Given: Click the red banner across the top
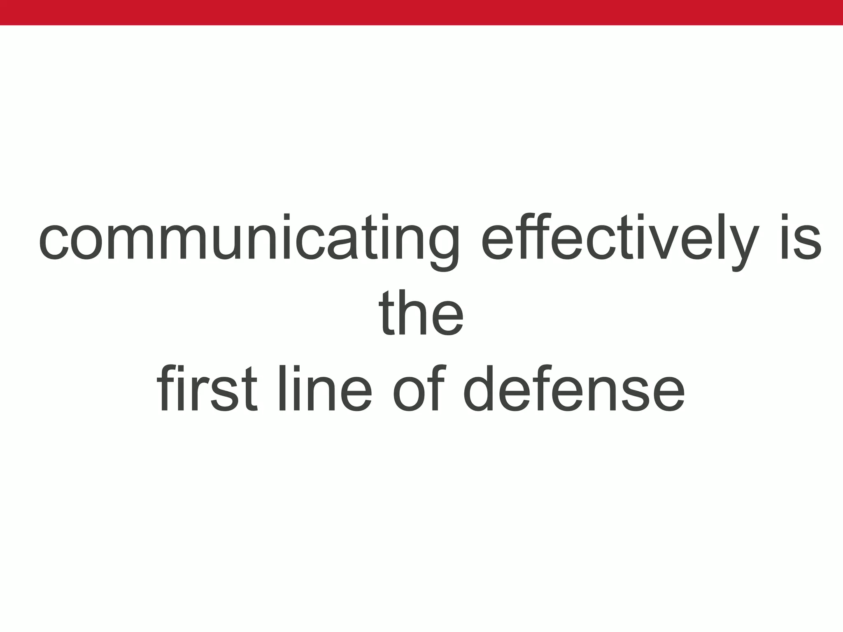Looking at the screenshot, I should click(x=421, y=12).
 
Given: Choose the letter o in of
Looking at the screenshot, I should click(x=408, y=393).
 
